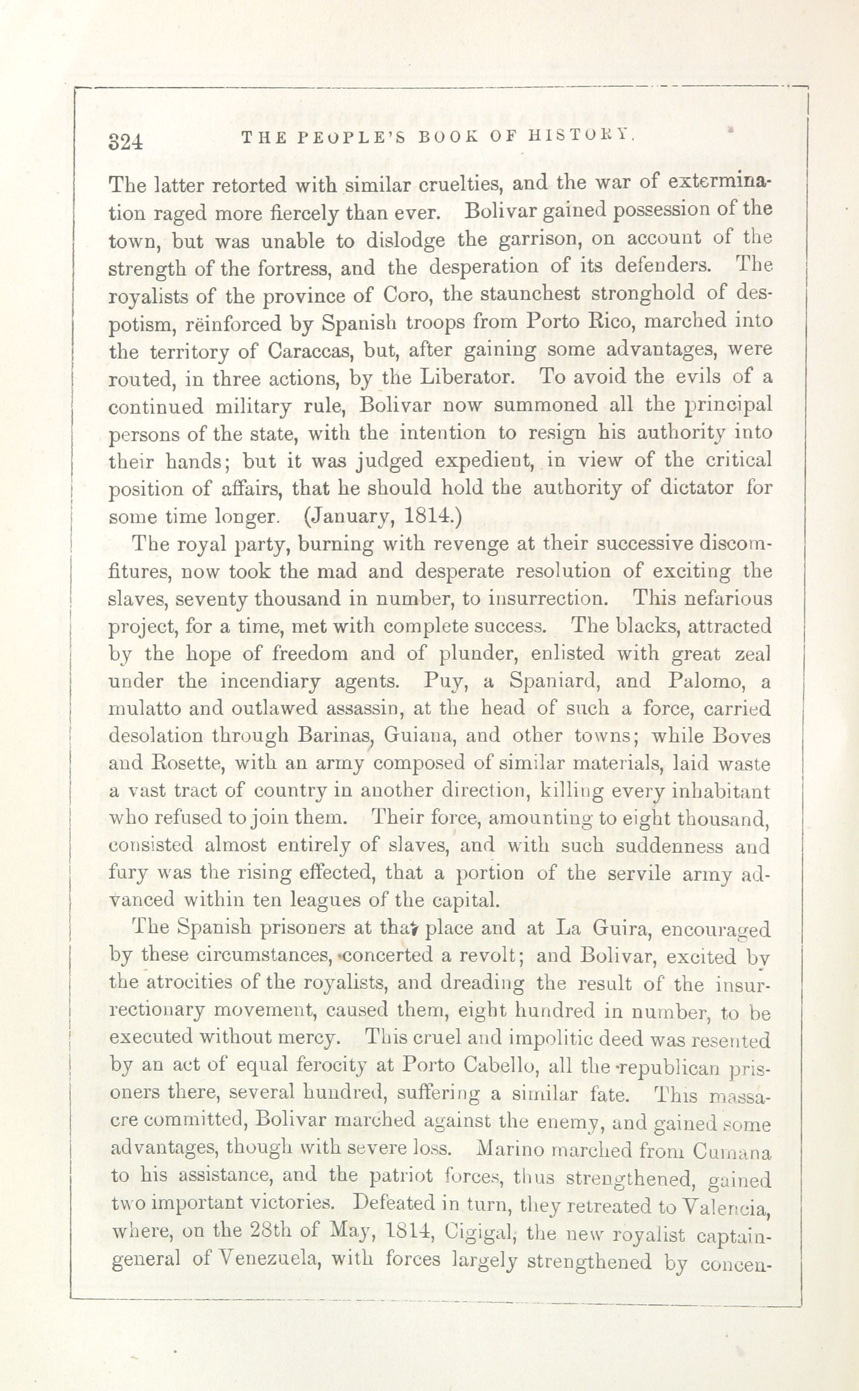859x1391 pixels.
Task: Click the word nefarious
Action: pos(727,598)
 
